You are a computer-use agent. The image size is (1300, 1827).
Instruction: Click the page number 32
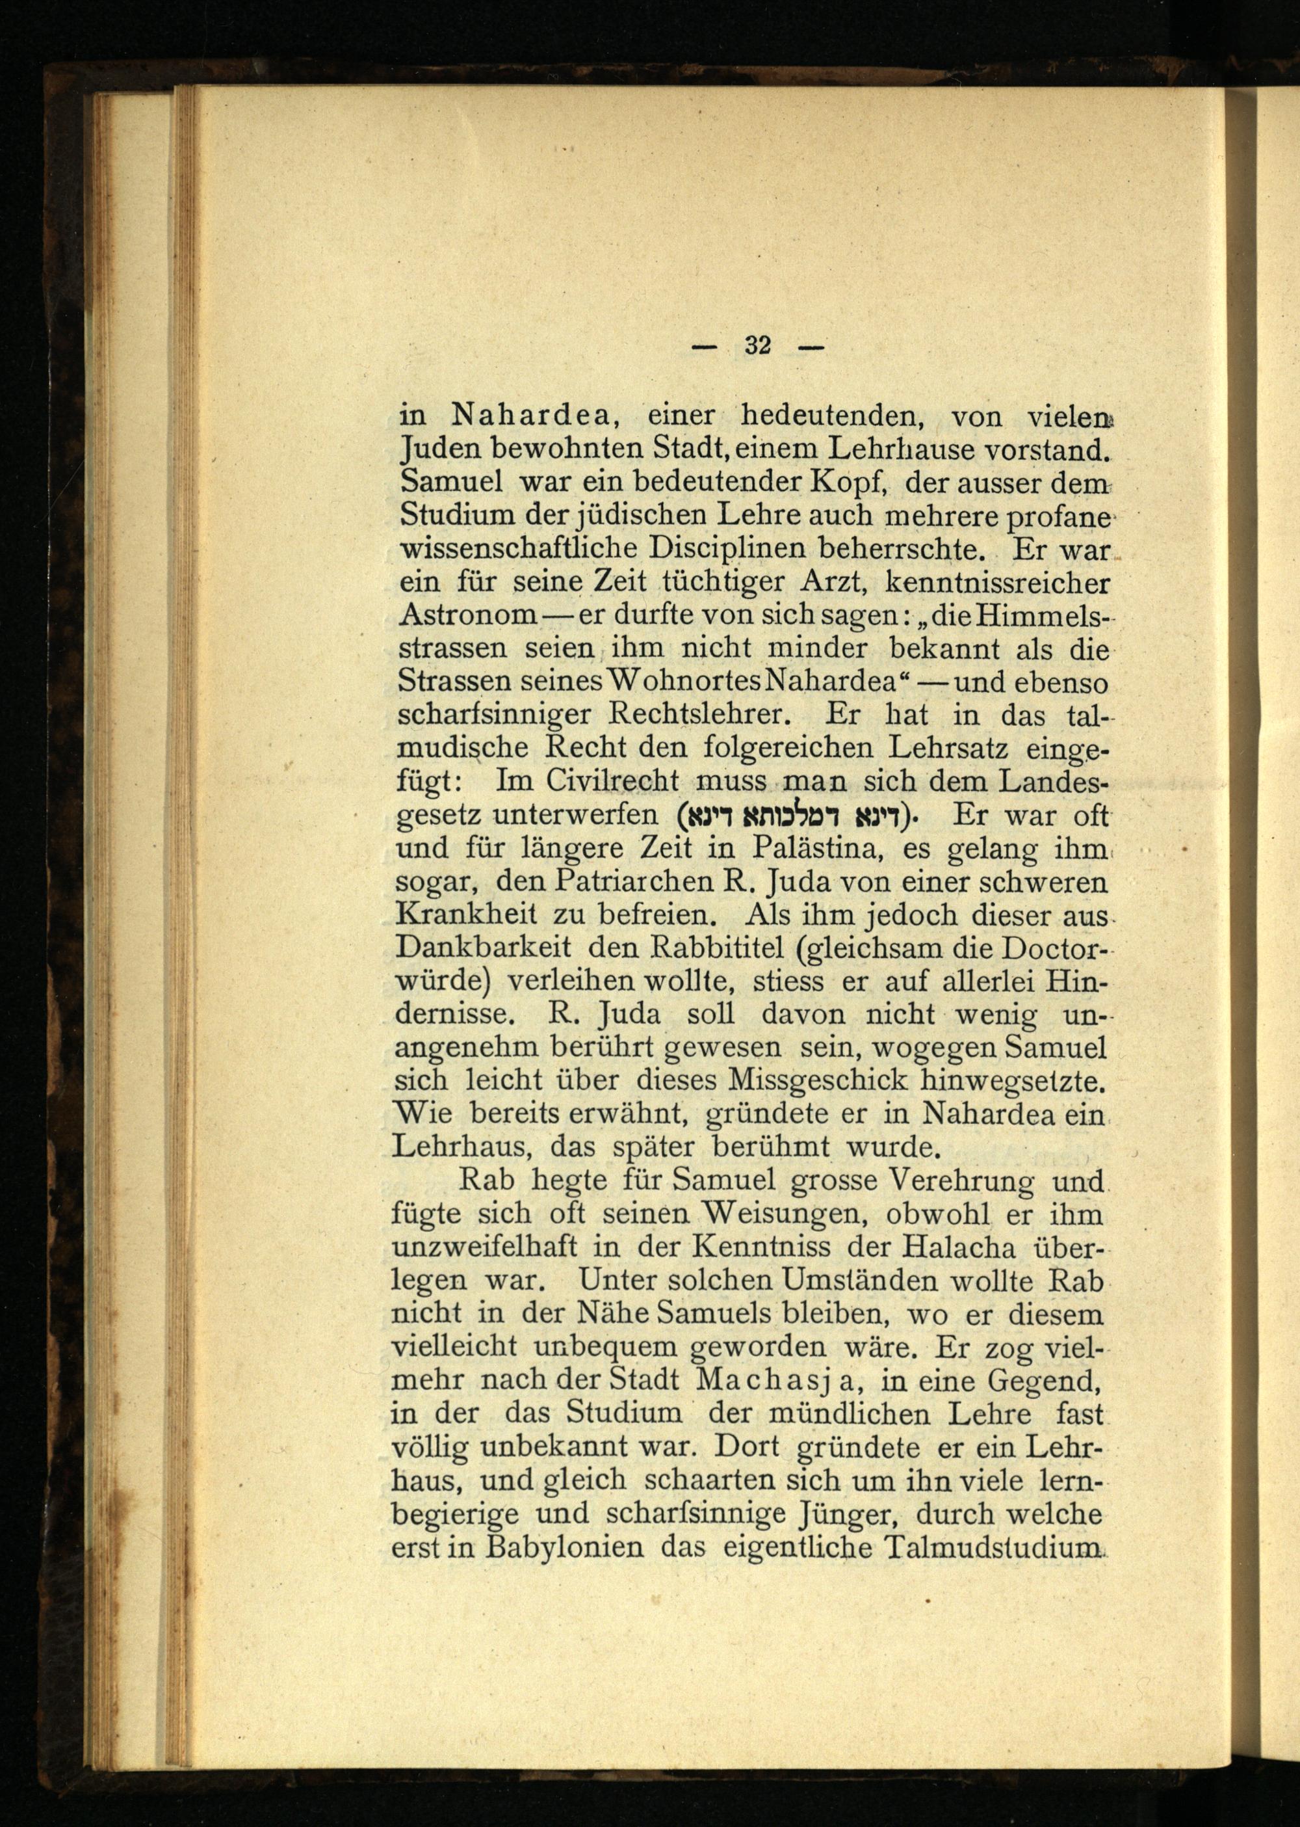pyautogui.click(x=757, y=346)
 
